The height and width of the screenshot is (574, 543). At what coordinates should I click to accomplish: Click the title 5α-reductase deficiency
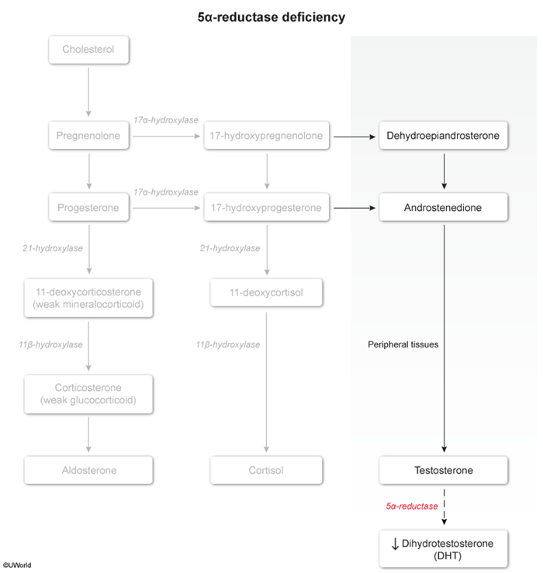[271, 16]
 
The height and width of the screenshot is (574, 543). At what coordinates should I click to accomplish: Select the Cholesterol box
[88, 50]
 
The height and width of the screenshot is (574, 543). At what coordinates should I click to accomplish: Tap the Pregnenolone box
[88, 137]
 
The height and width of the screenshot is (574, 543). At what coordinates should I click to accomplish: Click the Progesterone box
[88, 208]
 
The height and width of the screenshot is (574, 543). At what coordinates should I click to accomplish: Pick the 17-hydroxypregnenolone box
[268, 137]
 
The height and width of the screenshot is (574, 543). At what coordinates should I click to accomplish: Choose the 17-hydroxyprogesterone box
[268, 208]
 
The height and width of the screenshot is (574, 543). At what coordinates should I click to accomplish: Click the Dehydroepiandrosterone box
[444, 137]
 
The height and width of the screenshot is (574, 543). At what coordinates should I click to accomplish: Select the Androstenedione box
[444, 208]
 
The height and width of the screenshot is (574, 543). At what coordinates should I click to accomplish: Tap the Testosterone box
[444, 470]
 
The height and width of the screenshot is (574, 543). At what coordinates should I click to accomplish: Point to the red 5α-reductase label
[412, 506]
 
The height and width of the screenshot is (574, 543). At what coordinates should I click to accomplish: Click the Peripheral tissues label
[403, 344]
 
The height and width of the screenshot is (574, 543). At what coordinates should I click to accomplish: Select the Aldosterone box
[88, 470]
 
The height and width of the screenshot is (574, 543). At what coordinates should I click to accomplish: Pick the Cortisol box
[268, 470]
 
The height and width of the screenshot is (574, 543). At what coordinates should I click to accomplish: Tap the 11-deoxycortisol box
[268, 293]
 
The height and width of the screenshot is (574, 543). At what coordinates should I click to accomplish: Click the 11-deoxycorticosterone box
[88, 298]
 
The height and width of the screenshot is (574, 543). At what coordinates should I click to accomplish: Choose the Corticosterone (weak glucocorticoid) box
[88, 395]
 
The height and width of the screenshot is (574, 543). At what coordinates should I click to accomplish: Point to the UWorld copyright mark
[16, 565]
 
